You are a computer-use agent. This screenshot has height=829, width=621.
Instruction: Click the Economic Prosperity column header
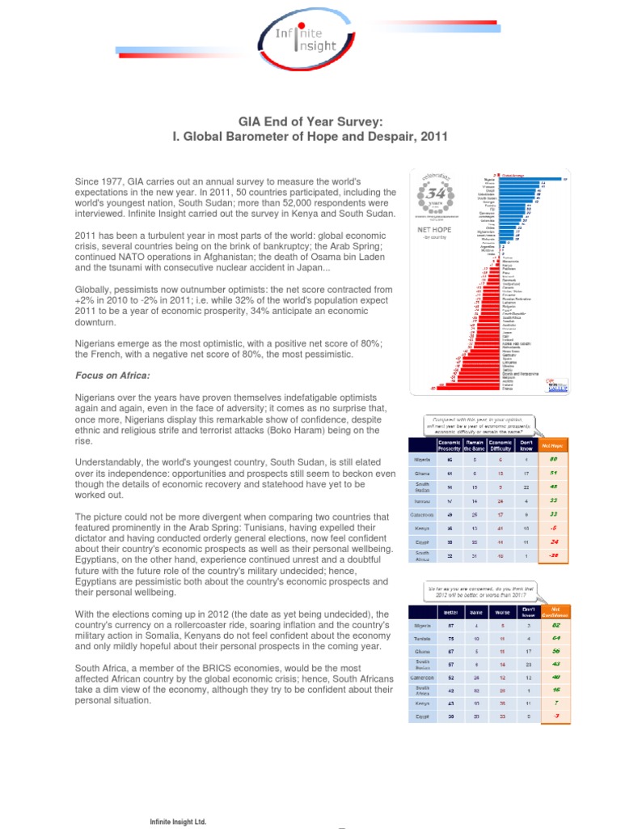click(x=449, y=444)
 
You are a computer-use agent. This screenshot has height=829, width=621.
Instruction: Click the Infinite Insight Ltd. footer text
click(x=175, y=821)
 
